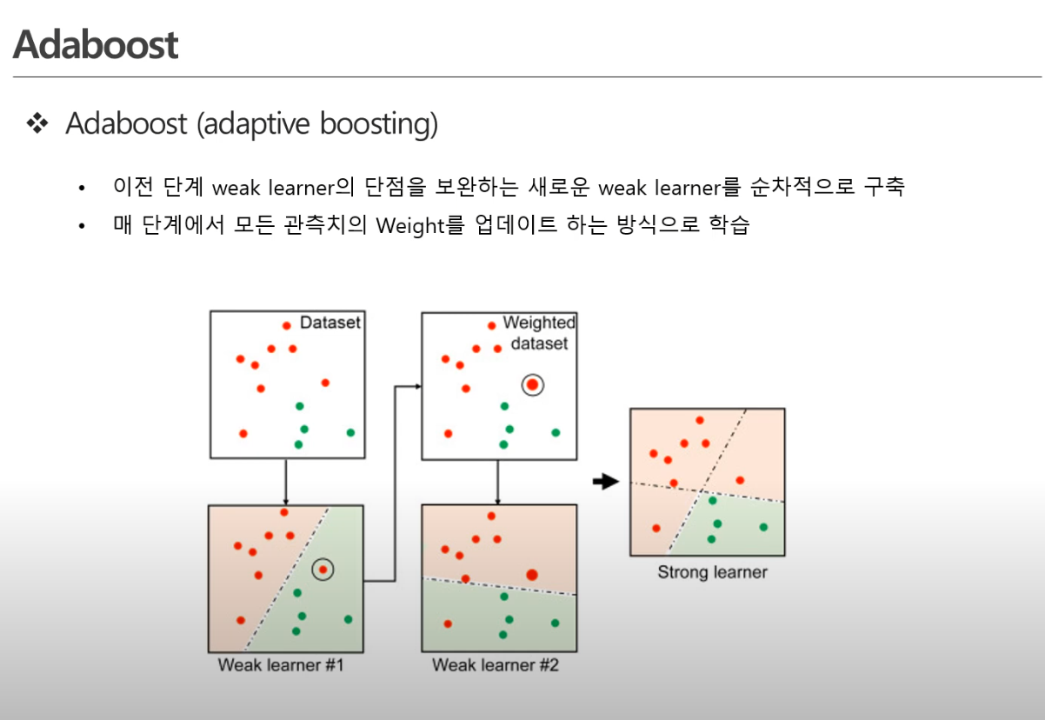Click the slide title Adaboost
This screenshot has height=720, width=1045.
pos(96,44)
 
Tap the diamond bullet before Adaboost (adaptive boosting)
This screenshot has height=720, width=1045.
pos(37,123)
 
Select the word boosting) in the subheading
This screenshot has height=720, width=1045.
pos(379,124)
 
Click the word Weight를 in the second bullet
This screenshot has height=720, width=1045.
pos(420,225)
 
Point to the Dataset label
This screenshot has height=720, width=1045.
pos(329,323)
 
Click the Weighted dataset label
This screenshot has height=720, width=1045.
pos(539,333)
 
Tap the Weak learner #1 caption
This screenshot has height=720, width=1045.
pos(281,665)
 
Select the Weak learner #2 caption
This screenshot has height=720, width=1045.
pos(495,665)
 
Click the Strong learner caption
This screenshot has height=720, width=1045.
pos(712,572)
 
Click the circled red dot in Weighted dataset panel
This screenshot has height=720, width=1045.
pos(532,385)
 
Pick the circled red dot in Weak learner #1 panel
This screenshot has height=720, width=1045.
pos(323,570)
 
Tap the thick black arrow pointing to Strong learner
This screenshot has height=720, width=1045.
pos(606,482)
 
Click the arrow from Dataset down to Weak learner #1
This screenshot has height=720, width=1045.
pos(286,482)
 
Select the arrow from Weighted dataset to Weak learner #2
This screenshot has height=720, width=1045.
pos(498,482)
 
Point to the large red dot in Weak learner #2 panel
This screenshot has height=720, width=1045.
pos(532,575)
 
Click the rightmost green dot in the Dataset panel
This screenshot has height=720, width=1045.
pos(351,432)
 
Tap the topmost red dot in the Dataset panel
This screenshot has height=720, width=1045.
pos(287,326)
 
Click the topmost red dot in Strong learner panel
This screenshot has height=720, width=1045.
pos(700,420)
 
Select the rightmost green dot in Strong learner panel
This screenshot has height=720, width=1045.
pos(763,527)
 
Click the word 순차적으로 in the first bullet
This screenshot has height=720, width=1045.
pos(802,187)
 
